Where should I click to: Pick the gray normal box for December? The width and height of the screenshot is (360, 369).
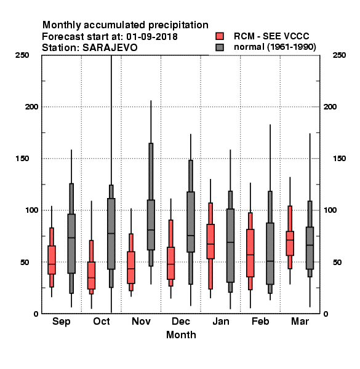[191, 222]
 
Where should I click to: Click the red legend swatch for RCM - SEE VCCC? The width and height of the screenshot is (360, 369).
[220, 36]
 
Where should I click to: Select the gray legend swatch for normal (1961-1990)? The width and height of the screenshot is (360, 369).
[220, 47]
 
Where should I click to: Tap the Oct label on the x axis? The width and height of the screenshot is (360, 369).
[102, 321]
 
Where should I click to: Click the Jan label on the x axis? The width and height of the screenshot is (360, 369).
[220, 321]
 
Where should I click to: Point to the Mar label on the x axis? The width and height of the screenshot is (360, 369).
[300, 321]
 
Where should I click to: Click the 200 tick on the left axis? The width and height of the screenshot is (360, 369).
[31, 107]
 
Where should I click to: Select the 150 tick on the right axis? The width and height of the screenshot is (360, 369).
[339, 159]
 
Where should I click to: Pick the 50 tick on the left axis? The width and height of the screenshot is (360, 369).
[25, 262]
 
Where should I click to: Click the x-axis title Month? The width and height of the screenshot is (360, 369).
[181, 335]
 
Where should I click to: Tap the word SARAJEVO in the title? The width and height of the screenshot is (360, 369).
[110, 48]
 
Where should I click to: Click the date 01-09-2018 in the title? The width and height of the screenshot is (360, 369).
[152, 37]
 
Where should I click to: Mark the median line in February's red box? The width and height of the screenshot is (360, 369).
[250, 255]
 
